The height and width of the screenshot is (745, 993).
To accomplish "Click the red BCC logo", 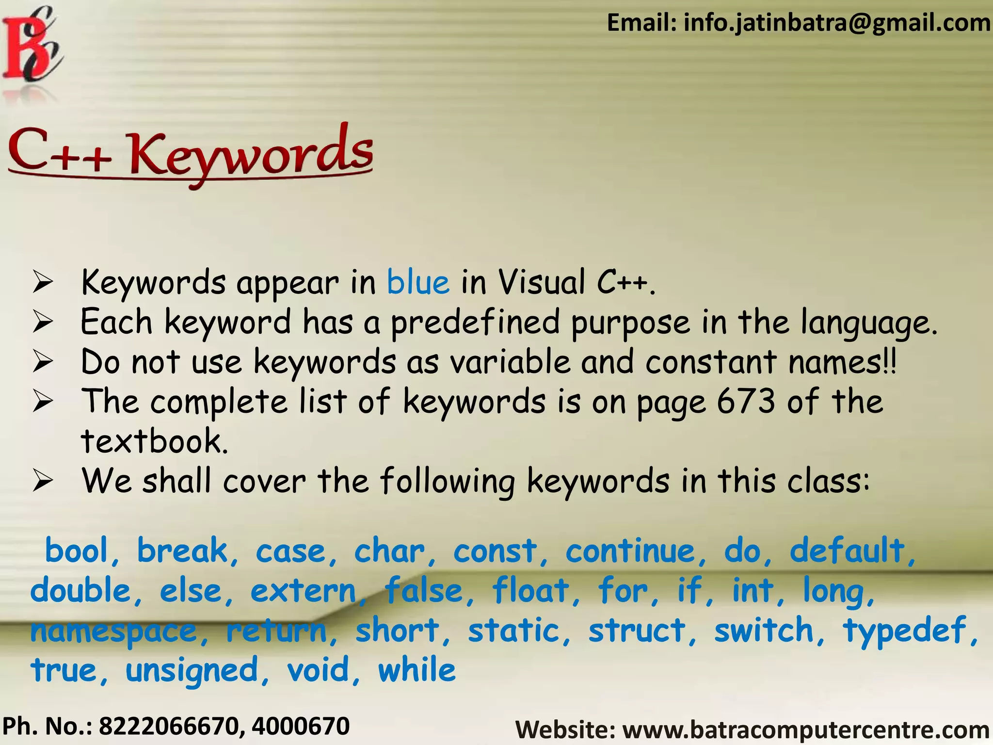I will [32, 46].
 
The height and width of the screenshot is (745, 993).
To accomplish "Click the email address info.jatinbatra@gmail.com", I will [836, 23].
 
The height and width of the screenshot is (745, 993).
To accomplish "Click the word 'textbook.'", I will [154, 441].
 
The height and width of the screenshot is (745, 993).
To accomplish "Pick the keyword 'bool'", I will [76, 551].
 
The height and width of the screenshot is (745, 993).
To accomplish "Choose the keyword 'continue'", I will [630, 551].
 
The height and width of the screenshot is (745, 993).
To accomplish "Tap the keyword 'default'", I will [847, 551].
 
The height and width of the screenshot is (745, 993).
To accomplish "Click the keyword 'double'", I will [80, 591].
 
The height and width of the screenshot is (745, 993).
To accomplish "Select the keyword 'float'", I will [530, 591].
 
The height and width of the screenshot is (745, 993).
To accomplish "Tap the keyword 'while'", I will [417, 670].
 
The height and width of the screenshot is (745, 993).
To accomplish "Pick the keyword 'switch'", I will [764, 631].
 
